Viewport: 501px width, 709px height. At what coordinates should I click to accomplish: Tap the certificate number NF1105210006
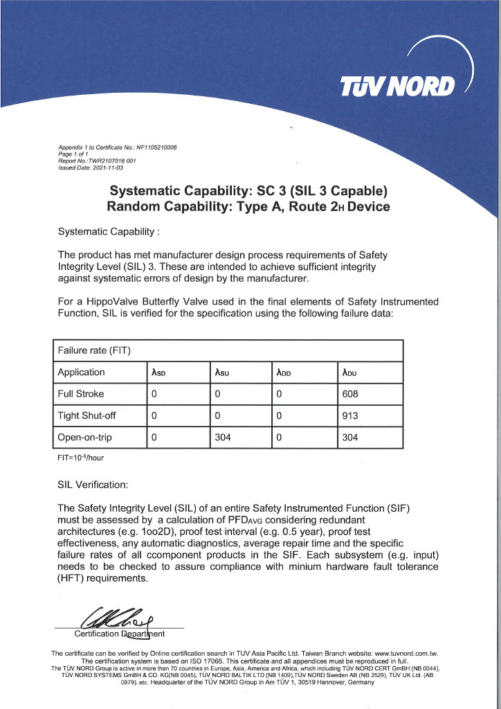click(155, 147)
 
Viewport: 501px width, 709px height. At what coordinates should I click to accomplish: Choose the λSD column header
click(158, 373)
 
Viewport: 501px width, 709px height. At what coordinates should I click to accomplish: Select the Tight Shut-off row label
click(88, 416)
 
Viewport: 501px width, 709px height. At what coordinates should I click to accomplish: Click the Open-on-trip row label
click(86, 438)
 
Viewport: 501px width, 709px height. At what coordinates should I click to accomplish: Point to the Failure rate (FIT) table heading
click(94, 350)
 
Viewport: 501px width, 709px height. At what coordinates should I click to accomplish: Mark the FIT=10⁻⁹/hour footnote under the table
click(80, 458)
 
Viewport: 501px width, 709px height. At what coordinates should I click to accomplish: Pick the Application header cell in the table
click(82, 373)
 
